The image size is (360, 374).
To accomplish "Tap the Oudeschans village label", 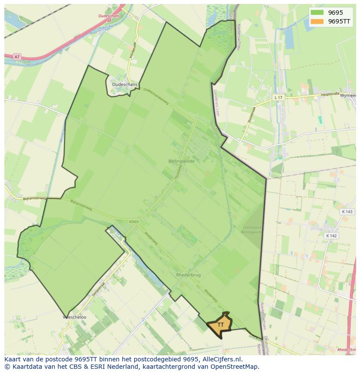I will (x=124, y=85).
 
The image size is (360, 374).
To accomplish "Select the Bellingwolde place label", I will (x=181, y=161).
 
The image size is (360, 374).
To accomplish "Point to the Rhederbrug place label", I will (x=188, y=275).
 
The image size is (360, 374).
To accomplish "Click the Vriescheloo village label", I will (x=74, y=317).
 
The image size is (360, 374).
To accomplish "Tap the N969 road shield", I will (x=133, y=222).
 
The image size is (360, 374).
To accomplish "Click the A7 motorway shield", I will (x=17, y=57).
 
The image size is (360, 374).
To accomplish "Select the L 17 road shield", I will (x=278, y=98).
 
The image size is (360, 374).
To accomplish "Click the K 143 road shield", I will (x=347, y=212).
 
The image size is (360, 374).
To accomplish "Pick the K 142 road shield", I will (x=331, y=235).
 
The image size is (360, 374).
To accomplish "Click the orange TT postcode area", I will (x=220, y=325).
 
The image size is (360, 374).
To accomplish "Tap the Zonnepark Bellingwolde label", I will (x=251, y=229).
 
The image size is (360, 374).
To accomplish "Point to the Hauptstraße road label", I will (x=329, y=94).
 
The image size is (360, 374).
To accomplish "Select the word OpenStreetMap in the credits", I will (x=236, y=367).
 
